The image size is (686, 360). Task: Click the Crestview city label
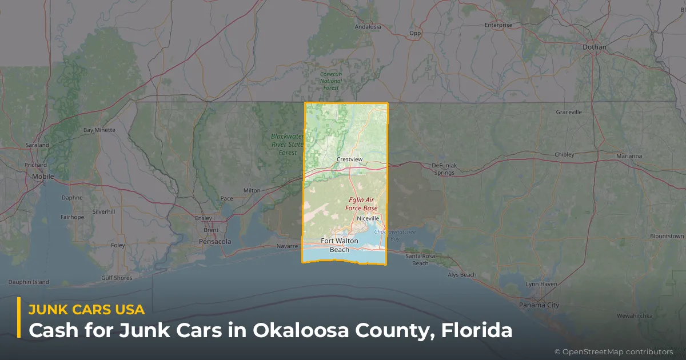pyautogui.click(x=350, y=159)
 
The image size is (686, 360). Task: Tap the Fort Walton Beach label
pyautogui.click(x=340, y=245)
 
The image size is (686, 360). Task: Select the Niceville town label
pyautogui.click(x=367, y=218)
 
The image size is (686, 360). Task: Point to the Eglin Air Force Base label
pyautogui.click(x=362, y=204)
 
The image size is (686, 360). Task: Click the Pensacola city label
pyautogui.click(x=215, y=242)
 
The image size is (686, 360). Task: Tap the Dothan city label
pyautogui.click(x=594, y=47)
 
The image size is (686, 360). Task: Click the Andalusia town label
pyautogui.click(x=368, y=27)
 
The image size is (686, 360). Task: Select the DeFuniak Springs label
pyautogui.click(x=444, y=169)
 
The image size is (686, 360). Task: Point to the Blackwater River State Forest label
pyautogui.click(x=288, y=145)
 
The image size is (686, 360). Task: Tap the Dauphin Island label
pyautogui.click(x=29, y=282)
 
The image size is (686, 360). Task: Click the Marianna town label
pyautogui.click(x=629, y=156)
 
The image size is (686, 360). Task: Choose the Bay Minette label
pyautogui.click(x=99, y=130)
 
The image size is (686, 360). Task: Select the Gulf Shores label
pyautogui.click(x=117, y=278)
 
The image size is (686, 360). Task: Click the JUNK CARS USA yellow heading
pyautogui.click(x=86, y=309)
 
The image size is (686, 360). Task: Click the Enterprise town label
pyautogui.click(x=498, y=25)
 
